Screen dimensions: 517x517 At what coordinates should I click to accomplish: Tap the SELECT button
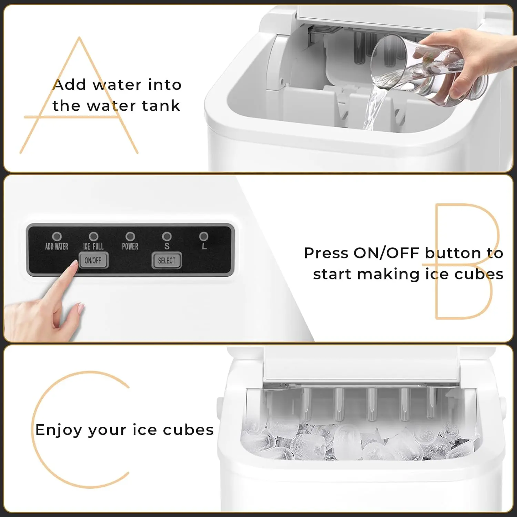click(167, 261)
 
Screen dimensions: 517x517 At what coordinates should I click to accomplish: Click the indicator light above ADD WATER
click(57, 236)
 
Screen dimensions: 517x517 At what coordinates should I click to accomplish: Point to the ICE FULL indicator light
click(93, 236)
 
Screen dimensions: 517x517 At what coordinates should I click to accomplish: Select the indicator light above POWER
click(130, 236)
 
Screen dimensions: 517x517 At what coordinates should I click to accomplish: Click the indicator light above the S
click(167, 236)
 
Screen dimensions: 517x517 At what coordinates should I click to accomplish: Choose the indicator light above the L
click(204, 236)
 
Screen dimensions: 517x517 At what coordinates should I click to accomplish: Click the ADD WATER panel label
click(57, 246)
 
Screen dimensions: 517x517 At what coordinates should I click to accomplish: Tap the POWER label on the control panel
click(130, 246)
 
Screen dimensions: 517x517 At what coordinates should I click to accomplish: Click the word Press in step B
click(326, 253)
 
